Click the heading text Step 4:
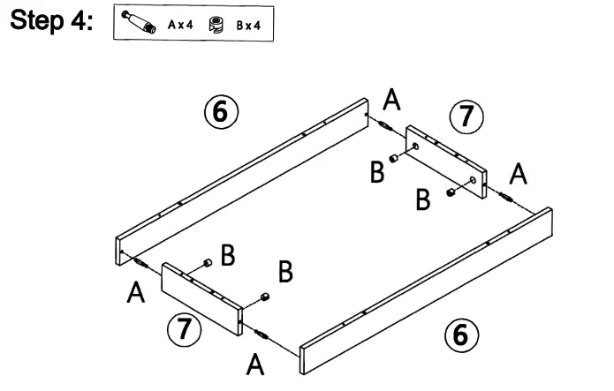pyautogui.click(x=51, y=22)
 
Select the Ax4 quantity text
pyautogui.click(x=181, y=26)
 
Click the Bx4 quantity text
pyautogui.click(x=248, y=26)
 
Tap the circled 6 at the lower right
pyautogui.click(x=459, y=335)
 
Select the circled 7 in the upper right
pyautogui.click(x=466, y=117)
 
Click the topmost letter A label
pyautogui.click(x=392, y=101)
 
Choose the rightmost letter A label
pyautogui.click(x=519, y=174)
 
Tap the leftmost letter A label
pyautogui.click(x=135, y=292)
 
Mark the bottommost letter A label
pyautogui.click(x=255, y=362)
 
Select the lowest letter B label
pyautogui.click(x=284, y=272)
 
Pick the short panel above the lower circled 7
pyautogui.click(x=201, y=297)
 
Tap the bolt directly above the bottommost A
pyautogui.click(x=262, y=333)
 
